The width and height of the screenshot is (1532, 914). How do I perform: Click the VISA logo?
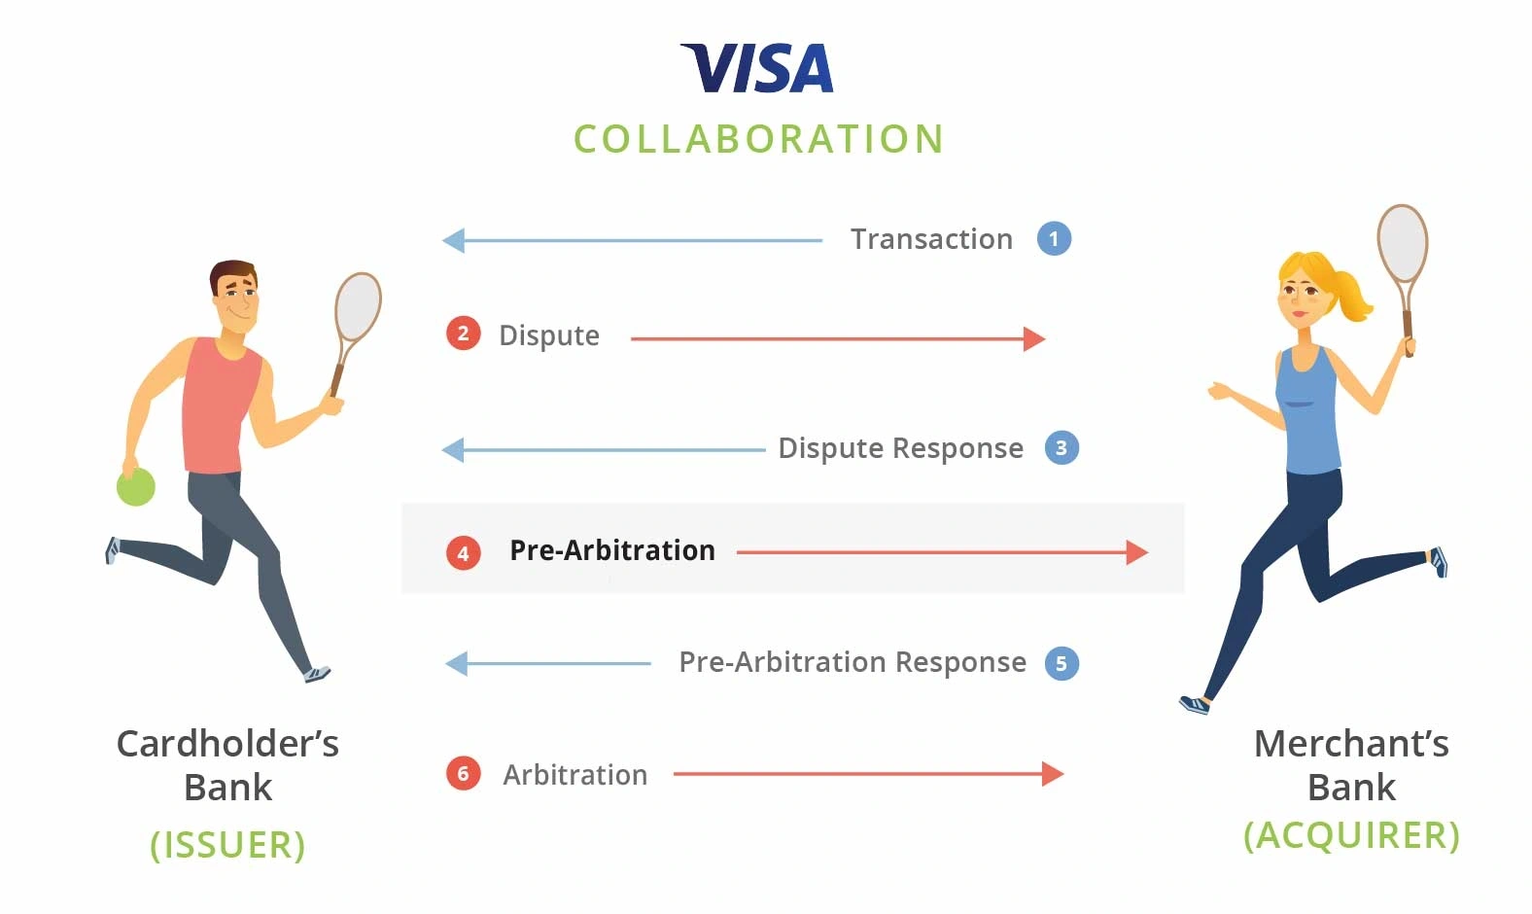757,68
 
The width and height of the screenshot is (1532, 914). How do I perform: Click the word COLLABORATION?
759,139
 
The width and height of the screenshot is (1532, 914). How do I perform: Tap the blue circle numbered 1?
1054,239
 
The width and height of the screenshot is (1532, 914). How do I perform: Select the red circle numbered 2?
463,334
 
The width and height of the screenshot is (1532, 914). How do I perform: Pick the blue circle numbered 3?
1062,447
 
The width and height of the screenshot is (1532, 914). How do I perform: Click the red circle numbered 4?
463,553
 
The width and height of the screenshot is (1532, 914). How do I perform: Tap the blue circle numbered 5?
1062,663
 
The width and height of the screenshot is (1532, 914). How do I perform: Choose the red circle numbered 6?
463,773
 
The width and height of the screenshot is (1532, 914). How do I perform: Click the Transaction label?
931,239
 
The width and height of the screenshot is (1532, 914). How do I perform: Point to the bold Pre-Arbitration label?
612,550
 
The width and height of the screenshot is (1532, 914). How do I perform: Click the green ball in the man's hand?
136,486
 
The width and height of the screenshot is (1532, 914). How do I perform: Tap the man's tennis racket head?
359,306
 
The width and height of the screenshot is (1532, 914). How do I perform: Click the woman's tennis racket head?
1402,243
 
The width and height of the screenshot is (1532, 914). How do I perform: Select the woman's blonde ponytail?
1352,296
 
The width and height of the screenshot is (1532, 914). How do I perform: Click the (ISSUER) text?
227,844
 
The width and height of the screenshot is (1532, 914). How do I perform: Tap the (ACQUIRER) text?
1351,835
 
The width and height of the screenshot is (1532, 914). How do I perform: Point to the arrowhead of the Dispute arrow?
1034,338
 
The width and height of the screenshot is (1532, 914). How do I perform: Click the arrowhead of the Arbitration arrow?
1053,774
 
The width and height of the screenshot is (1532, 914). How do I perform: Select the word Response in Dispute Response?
958,449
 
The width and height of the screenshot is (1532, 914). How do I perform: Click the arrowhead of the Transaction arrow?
453,240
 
